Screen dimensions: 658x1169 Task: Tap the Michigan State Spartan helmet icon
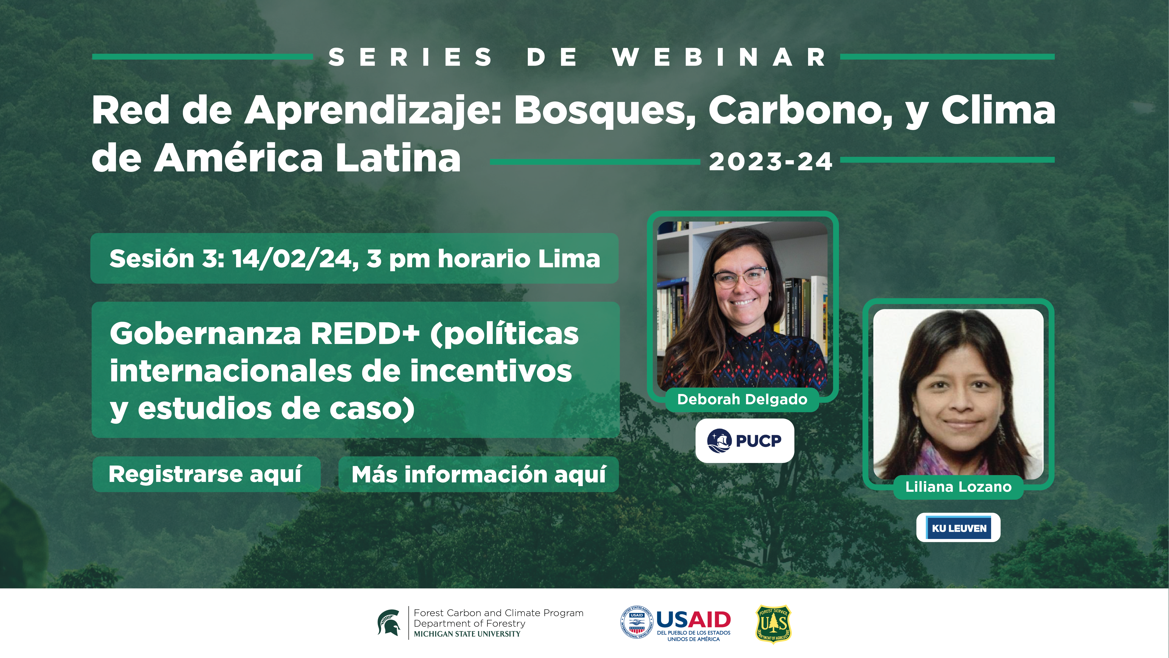(389, 623)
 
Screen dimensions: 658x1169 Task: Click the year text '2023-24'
(770, 162)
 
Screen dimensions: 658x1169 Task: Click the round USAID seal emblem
(636, 622)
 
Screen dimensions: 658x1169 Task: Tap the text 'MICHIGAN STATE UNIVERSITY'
(467, 634)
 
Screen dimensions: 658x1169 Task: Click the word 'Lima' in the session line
(569, 259)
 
